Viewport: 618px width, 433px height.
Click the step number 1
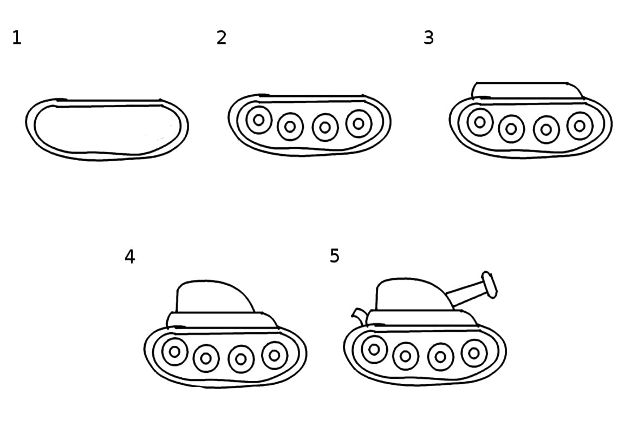point(17,38)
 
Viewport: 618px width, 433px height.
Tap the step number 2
point(222,38)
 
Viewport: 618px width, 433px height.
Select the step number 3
point(429,38)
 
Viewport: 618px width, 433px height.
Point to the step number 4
point(130,257)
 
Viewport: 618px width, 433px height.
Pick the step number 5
point(335,255)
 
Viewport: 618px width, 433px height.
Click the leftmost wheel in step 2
point(259,120)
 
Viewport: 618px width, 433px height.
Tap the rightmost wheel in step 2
point(359,124)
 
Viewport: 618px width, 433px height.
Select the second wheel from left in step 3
point(511,128)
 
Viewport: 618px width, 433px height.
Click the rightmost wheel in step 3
point(580,126)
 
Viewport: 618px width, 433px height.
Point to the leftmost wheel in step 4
point(175,351)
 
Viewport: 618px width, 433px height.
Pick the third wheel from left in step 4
point(241,359)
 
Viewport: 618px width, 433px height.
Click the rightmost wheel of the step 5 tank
point(474,353)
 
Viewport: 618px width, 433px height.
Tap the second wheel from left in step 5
point(406,356)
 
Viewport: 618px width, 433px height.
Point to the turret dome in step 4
point(213,296)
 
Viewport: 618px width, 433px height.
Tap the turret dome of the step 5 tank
point(414,294)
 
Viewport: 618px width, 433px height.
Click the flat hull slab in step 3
point(528,90)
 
